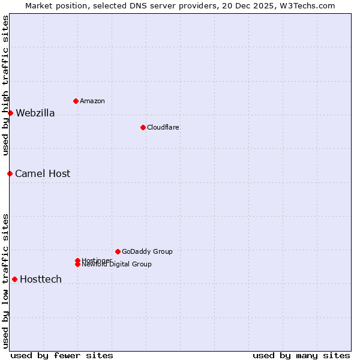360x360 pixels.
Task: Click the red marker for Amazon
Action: coord(76,101)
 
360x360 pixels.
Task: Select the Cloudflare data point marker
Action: coord(143,127)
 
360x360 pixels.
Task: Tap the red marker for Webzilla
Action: coord(10,113)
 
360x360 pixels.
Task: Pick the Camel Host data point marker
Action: coord(10,173)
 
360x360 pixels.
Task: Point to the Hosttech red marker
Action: coord(14,279)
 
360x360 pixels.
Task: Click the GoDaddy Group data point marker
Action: coord(118,251)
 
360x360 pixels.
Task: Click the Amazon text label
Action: coord(92,101)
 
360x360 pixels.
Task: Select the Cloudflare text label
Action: coord(163,127)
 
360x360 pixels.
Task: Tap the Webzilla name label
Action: coord(35,113)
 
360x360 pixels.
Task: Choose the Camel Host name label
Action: coord(43,173)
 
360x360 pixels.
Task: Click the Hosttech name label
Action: coord(41,279)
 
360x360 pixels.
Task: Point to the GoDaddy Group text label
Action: coord(147,251)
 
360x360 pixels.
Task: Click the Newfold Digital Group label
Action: coord(117,265)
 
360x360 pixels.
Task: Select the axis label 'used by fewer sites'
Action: coord(62,355)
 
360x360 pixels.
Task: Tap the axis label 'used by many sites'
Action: coord(301,355)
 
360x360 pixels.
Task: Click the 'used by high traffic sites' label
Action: coord(5,85)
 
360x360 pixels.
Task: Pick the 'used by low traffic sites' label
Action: coord(5,281)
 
